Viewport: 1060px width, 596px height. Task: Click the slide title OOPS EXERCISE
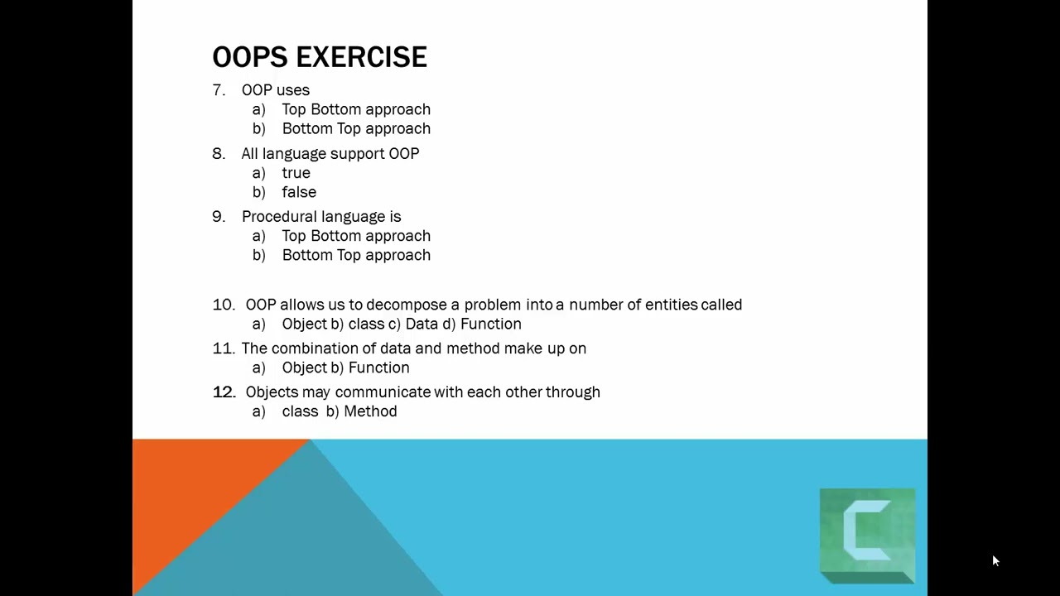point(320,57)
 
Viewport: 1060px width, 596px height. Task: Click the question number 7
point(218,90)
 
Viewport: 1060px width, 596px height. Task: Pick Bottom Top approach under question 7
point(355,128)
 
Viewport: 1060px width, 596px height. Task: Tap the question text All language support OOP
point(330,154)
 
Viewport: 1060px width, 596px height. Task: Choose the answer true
point(296,173)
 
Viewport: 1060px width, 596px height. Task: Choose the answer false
point(298,192)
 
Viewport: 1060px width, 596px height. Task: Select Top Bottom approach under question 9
point(355,236)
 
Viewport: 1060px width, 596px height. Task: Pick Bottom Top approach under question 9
point(355,255)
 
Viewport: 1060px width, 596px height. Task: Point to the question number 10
point(224,305)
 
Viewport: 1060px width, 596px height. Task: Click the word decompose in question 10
point(406,305)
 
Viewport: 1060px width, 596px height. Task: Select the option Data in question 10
point(422,324)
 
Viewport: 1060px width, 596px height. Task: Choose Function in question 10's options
point(490,324)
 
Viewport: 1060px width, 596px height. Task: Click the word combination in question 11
point(314,348)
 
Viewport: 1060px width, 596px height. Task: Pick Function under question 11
point(378,368)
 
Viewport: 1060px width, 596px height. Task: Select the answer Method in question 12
point(370,411)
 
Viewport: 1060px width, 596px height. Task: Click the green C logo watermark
point(867,536)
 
